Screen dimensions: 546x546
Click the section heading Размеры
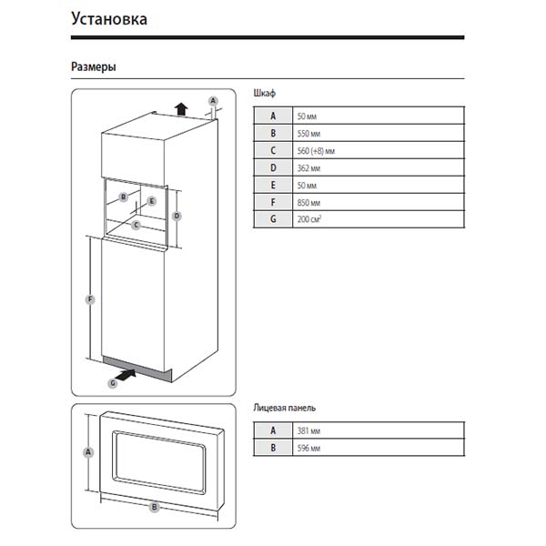93,67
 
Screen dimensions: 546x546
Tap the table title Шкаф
265,94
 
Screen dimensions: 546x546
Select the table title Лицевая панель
285,409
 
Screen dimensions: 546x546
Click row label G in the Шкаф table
273,219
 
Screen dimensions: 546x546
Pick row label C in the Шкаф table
273,150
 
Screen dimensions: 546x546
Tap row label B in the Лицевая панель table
273,448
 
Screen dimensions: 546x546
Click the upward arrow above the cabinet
182,108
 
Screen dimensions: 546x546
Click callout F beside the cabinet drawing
89,299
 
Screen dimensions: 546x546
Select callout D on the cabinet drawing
177,216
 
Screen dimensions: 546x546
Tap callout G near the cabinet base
113,384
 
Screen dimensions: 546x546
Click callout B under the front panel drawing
155,507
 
